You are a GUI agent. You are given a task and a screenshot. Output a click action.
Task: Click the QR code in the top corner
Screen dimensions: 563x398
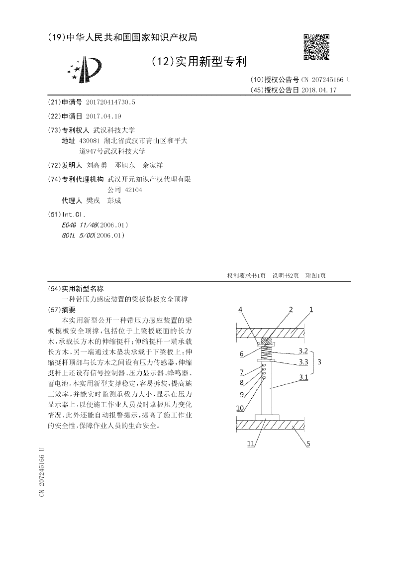click(x=316, y=47)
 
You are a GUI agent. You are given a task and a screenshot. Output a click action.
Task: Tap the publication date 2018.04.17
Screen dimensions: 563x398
click(x=319, y=90)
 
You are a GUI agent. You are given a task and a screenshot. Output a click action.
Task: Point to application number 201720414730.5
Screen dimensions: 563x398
click(x=110, y=102)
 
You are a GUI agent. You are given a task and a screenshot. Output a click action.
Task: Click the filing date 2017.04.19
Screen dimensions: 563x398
click(x=103, y=116)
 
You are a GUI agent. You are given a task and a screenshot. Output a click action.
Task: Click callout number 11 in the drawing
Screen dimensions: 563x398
click(x=251, y=444)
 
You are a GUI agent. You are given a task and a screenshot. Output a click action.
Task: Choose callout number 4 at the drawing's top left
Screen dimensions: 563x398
click(x=240, y=310)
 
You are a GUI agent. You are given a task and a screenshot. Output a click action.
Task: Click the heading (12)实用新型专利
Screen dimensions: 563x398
click(x=199, y=62)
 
